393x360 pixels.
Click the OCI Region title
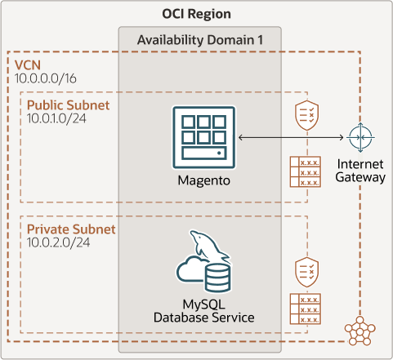196,14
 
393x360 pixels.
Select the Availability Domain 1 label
199,40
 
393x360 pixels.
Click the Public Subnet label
68,106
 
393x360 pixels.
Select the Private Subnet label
71,229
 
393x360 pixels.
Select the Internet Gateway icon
359,137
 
